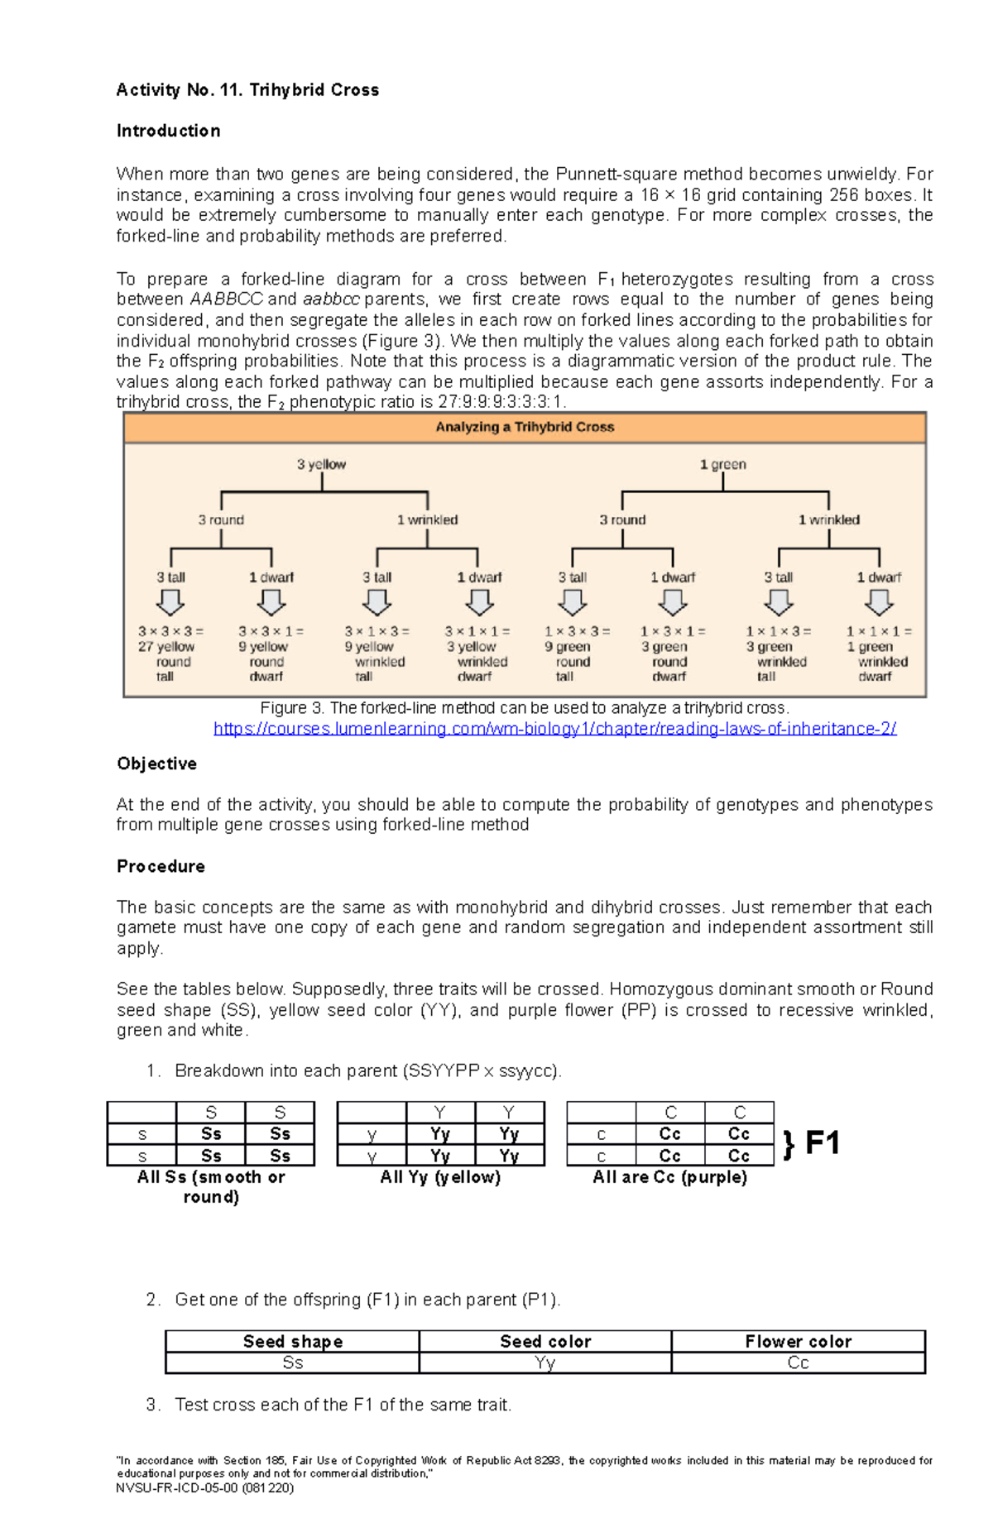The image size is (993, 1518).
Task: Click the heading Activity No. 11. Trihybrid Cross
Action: coord(247,90)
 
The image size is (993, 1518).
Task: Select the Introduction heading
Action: coord(168,131)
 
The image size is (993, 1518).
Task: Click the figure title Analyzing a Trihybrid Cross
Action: coord(525,427)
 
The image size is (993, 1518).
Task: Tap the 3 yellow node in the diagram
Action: coord(321,465)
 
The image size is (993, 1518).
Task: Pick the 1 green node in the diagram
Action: coord(722,465)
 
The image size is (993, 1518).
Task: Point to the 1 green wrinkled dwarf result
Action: coord(879,654)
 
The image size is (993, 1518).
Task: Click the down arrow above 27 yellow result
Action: coord(170,602)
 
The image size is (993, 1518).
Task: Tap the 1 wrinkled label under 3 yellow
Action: coord(427,520)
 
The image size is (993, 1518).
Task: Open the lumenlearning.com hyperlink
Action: coord(554,729)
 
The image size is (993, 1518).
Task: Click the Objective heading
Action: coord(156,764)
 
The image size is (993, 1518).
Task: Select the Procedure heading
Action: coord(161,866)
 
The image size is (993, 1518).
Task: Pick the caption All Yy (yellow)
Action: coord(440,1177)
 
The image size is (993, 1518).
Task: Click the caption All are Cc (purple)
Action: coord(669,1177)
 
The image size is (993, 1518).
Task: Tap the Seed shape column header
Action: coord(292,1342)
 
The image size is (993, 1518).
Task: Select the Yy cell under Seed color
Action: coord(544,1362)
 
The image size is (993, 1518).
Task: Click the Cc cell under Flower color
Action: coord(798,1362)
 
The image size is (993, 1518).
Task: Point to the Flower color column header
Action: coord(798,1342)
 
